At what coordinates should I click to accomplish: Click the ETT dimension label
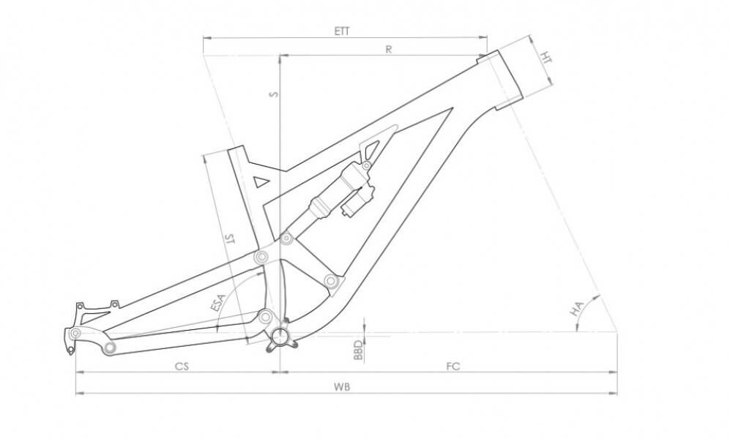pos(342,31)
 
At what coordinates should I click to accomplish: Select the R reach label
pos(389,49)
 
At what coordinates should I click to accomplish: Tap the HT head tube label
pos(545,58)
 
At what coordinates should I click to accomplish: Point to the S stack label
pos(275,94)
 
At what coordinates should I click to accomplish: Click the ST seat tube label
pos(229,239)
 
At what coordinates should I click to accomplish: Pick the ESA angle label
pos(217,303)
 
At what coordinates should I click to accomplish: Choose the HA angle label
pos(577,309)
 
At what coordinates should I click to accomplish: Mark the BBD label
pos(357,350)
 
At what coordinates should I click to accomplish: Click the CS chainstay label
pos(182,367)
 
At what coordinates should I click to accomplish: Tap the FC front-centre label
pos(452,367)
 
